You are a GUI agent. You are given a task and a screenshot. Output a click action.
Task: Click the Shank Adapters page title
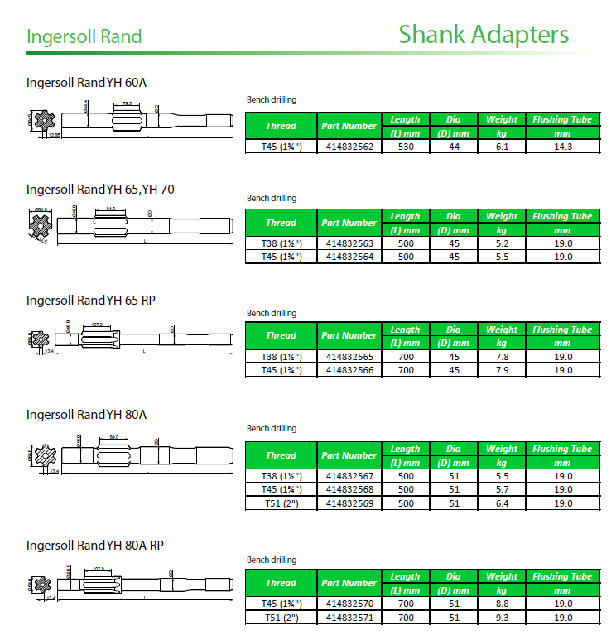[484, 35]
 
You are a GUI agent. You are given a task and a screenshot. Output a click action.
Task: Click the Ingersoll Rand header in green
[84, 37]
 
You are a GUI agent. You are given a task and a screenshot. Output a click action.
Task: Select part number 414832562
[349, 147]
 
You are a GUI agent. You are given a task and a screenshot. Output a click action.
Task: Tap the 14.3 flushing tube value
[563, 147]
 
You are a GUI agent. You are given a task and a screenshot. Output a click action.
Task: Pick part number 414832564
[349, 257]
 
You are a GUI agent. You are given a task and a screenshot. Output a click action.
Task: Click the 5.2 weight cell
[502, 243]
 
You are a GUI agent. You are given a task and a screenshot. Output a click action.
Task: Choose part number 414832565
[349, 357]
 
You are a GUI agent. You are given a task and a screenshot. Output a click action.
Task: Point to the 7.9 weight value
[502, 370]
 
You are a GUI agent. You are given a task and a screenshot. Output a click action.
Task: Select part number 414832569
[349, 503]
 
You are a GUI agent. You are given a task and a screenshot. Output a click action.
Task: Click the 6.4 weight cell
[502, 503]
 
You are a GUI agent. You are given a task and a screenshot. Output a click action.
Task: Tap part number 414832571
[349, 617]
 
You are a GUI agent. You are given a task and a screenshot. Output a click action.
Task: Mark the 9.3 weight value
[502, 617]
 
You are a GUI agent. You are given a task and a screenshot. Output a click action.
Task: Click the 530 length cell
[406, 147]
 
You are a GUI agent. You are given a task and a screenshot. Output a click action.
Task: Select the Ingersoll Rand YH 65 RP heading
[90, 300]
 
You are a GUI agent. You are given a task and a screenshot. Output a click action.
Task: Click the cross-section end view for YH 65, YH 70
[41, 224]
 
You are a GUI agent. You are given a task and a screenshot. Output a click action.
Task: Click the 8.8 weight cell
[502, 604]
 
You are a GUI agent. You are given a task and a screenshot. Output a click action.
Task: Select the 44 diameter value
[454, 147]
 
